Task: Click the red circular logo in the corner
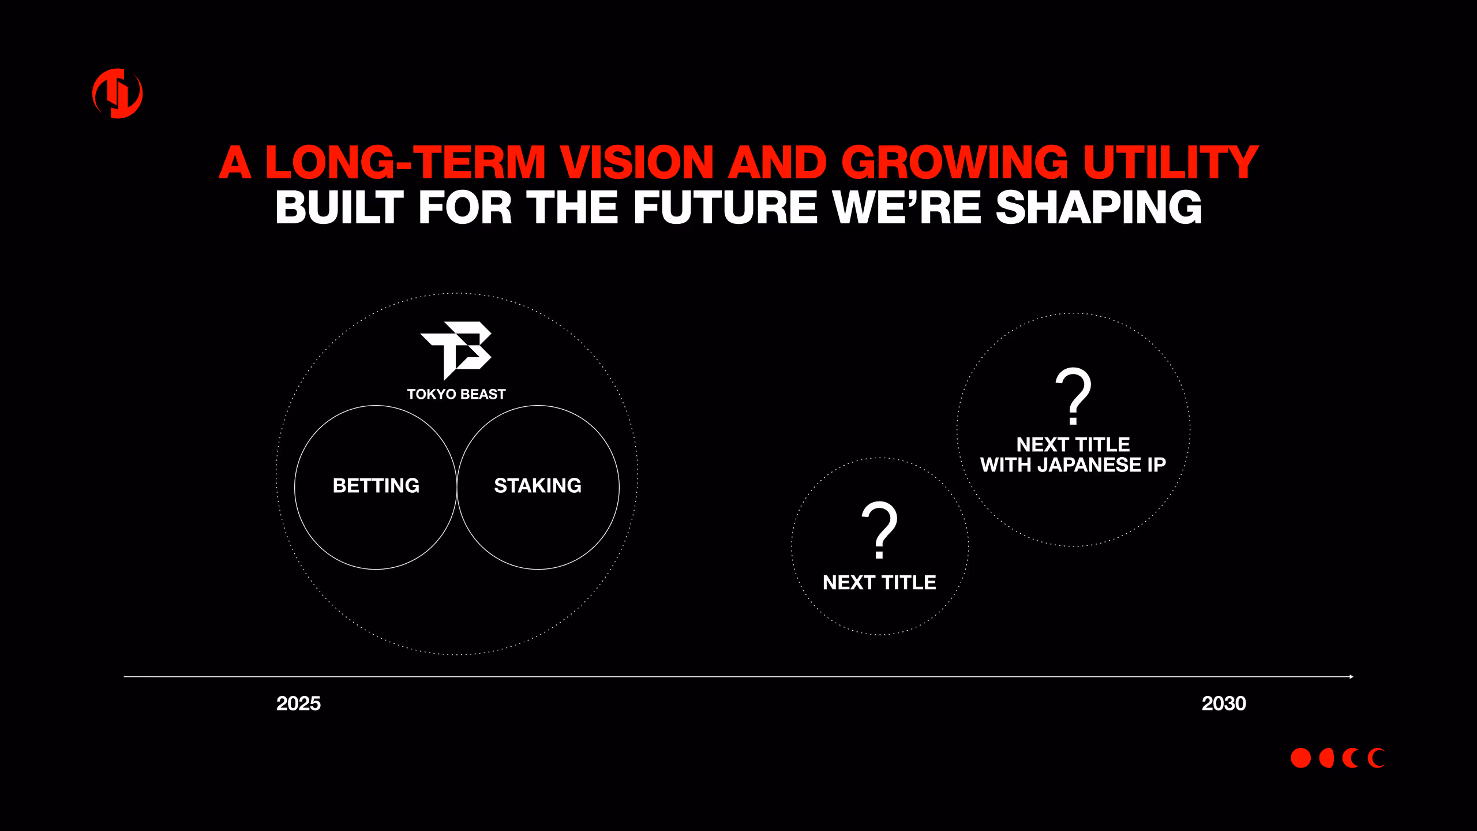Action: tap(118, 93)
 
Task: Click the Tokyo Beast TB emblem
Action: tap(456, 350)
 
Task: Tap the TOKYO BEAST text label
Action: tap(456, 394)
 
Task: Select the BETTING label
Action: tap(376, 486)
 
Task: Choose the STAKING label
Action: tap(538, 486)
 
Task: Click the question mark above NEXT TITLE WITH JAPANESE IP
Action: tap(1073, 395)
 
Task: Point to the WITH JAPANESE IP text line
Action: tap(1073, 465)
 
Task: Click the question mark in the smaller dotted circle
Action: tap(879, 530)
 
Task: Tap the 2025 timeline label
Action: tap(298, 703)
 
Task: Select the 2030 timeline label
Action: tap(1224, 703)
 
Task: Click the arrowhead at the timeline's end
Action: tap(1352, 676)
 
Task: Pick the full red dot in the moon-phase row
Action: tap(1300, 758)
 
